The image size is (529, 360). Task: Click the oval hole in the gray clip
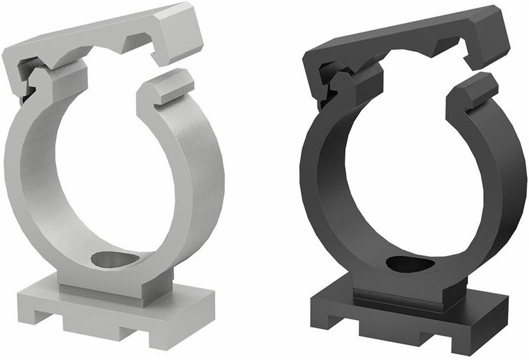coord(116,259)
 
